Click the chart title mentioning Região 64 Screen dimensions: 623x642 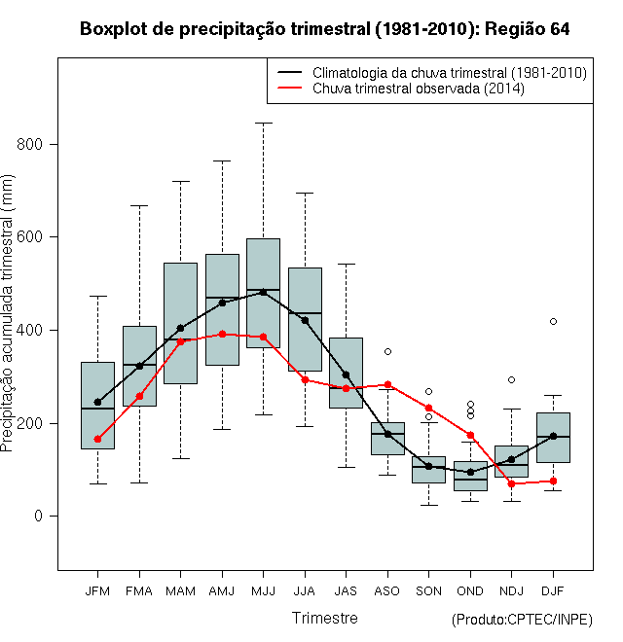point(324,29)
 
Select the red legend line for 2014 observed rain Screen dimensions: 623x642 point(290,88)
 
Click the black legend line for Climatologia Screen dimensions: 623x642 point(290,73)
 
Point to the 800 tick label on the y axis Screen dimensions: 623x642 point(29,144)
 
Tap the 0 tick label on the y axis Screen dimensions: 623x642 point(38,516)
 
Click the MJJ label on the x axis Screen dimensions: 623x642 point(263,591)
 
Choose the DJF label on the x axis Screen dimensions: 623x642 point(553,591)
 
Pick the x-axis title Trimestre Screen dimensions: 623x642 point(324,618)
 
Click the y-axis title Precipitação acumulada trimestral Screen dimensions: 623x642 point(7,313)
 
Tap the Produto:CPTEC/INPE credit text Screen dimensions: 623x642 point(522,620)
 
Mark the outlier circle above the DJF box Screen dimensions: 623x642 point(553,321)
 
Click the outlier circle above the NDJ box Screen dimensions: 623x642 point(511,380)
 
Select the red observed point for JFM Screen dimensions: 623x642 point(97,439)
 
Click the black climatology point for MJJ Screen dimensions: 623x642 point(263,293)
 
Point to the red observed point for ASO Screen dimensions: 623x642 point(387,384)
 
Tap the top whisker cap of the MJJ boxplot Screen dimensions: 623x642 point(263,123)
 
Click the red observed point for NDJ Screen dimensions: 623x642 point(511,484)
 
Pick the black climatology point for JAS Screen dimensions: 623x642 point(346,375)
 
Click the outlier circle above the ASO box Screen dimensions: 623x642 point(387,352)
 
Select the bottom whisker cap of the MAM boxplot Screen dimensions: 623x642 point(180,458)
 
